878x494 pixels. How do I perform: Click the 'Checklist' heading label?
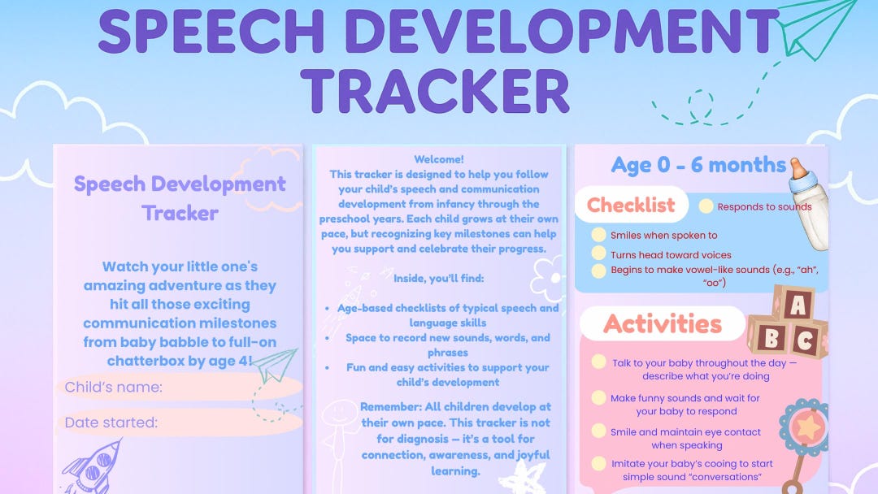[x=632, y=205]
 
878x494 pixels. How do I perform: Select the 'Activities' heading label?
[x=663, y=324]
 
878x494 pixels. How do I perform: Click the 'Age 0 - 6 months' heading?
[x=698, y=165]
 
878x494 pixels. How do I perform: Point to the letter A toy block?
[x=797, y=305]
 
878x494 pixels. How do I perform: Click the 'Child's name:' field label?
[x=114, y=387]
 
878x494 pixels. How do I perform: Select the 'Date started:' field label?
[x=111, y=422]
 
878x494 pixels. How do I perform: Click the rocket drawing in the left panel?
[x=96, y=468]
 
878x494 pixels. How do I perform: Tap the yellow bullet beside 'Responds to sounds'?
[x=706, y=206]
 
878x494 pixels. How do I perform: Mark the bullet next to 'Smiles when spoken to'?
[x=598, y=235]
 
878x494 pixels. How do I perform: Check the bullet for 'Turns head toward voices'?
[x=598, y=254]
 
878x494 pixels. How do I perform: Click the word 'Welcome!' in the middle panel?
[x=439, y=159]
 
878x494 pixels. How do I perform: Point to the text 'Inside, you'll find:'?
[x=439, y=278]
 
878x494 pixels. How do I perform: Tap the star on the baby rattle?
[x=809, y=426]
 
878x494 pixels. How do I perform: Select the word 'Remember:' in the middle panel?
[x=388, y=406]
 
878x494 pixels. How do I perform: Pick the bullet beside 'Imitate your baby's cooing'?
[x=598, y=465]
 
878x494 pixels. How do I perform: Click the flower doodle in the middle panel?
[x=547, y=275]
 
